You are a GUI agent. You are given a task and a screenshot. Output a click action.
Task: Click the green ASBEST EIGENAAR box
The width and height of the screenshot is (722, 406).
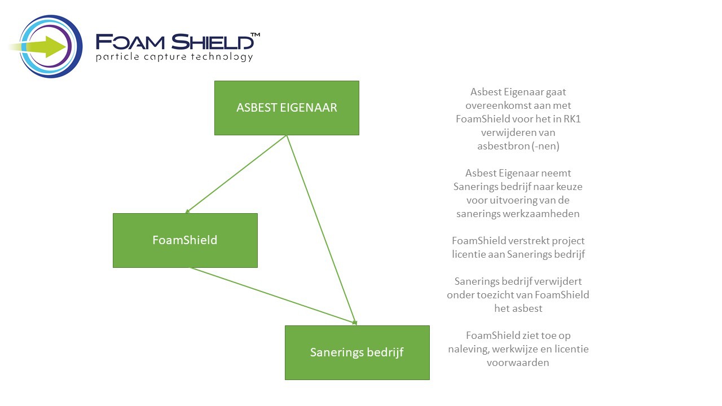[x=287, y=108]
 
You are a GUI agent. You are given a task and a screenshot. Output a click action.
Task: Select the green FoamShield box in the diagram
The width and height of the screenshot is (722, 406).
[x=185, y=240]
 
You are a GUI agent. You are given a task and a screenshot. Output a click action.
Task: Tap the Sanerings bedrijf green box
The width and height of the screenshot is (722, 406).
[x=357, y=352]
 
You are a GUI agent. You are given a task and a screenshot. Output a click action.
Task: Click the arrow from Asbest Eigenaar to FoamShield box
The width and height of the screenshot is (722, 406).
[x=236, y=174]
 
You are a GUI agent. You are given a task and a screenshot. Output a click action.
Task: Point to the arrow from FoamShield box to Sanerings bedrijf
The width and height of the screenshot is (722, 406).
[x=274, y=295]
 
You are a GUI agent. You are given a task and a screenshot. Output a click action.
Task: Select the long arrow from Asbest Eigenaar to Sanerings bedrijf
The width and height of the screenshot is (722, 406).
[x=322, y=230]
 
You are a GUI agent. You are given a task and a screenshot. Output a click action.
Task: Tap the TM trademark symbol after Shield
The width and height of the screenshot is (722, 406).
[x=256, y=35]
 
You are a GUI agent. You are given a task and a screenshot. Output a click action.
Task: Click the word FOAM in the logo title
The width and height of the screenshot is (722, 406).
[x=130, y=42]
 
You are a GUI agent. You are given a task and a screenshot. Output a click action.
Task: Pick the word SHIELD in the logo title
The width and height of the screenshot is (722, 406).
[x=212, y=42]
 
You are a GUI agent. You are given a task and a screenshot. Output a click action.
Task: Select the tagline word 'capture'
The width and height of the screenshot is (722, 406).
[x=165, y=58]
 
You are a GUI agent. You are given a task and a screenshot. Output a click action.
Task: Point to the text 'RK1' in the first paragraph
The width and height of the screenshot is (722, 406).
[x=572, y=119]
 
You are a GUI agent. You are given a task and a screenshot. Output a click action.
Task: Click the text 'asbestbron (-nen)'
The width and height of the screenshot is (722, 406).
[x=518, y=146]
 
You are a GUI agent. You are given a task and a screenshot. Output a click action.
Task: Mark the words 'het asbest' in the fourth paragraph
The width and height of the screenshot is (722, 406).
[x=518, y=308]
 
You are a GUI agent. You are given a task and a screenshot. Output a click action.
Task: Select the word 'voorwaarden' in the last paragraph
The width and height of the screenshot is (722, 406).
[x=518, y=363]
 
